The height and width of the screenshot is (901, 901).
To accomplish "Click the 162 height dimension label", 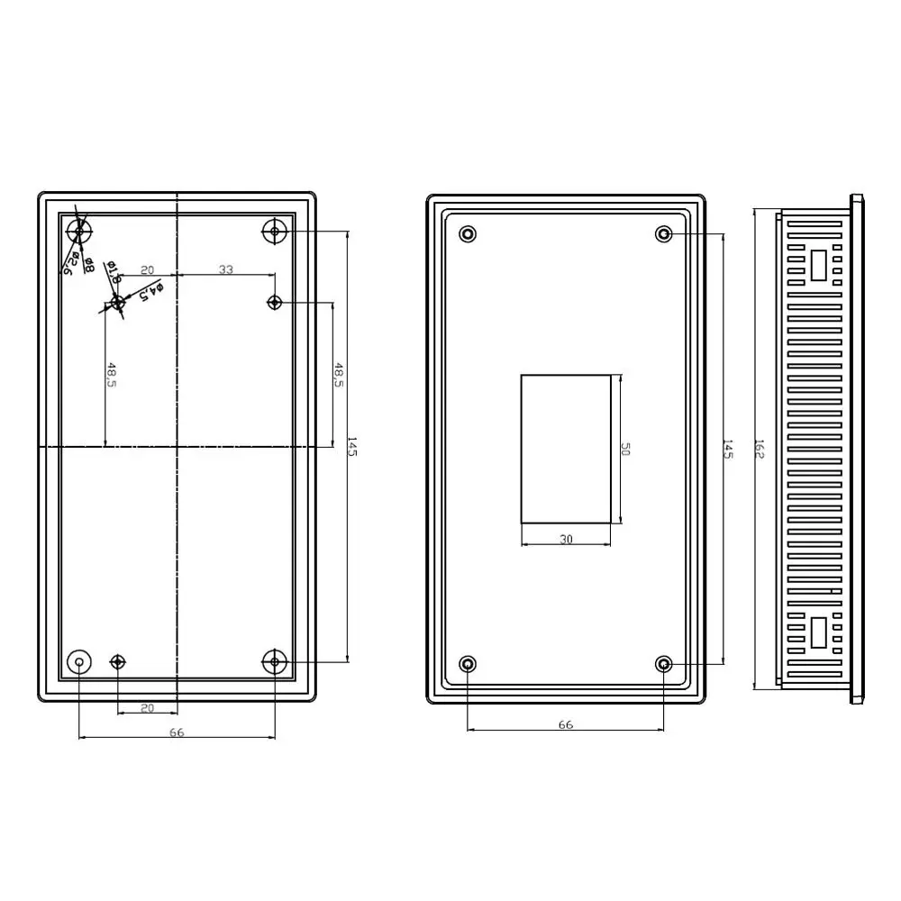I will pyautogui.click(x=760, y=449).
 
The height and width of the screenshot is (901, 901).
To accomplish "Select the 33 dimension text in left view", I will pyautogui.click(x=226, y=269).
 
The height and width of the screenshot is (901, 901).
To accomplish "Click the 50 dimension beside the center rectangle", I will pyautogui.click(x=625, y=449).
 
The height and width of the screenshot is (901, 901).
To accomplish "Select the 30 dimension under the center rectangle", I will pyautogui.click(x=566, y=540).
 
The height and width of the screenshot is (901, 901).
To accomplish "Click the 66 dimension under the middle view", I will pyautogui.click(x=566, y=724).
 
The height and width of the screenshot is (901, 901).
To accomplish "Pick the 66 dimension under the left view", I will pyautogui.click(x=177, y=733).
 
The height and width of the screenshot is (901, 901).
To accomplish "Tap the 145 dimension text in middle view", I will pyautogui.click(x=728, y=449).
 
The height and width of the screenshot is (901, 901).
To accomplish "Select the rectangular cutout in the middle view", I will pyautogui.click(x=566, y=449).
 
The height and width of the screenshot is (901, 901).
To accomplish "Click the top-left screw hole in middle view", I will pyautogui.click(x=468, y=234).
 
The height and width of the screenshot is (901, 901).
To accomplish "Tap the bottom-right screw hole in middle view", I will pyautogui.click(x=664, y=665).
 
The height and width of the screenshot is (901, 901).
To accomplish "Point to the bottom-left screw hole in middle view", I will pyautogui.click(x=468, y=665).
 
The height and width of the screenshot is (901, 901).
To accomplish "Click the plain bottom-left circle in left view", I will pyautogui.click(x=80, y=662).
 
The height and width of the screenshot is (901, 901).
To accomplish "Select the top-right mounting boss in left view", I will pyautogui.click(x=275, y=232).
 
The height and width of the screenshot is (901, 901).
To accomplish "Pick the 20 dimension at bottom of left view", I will pyautogui.click(x=148, y=708).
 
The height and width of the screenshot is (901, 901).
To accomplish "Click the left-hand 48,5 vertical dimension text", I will pyautogui.click(x=112, y=375).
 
